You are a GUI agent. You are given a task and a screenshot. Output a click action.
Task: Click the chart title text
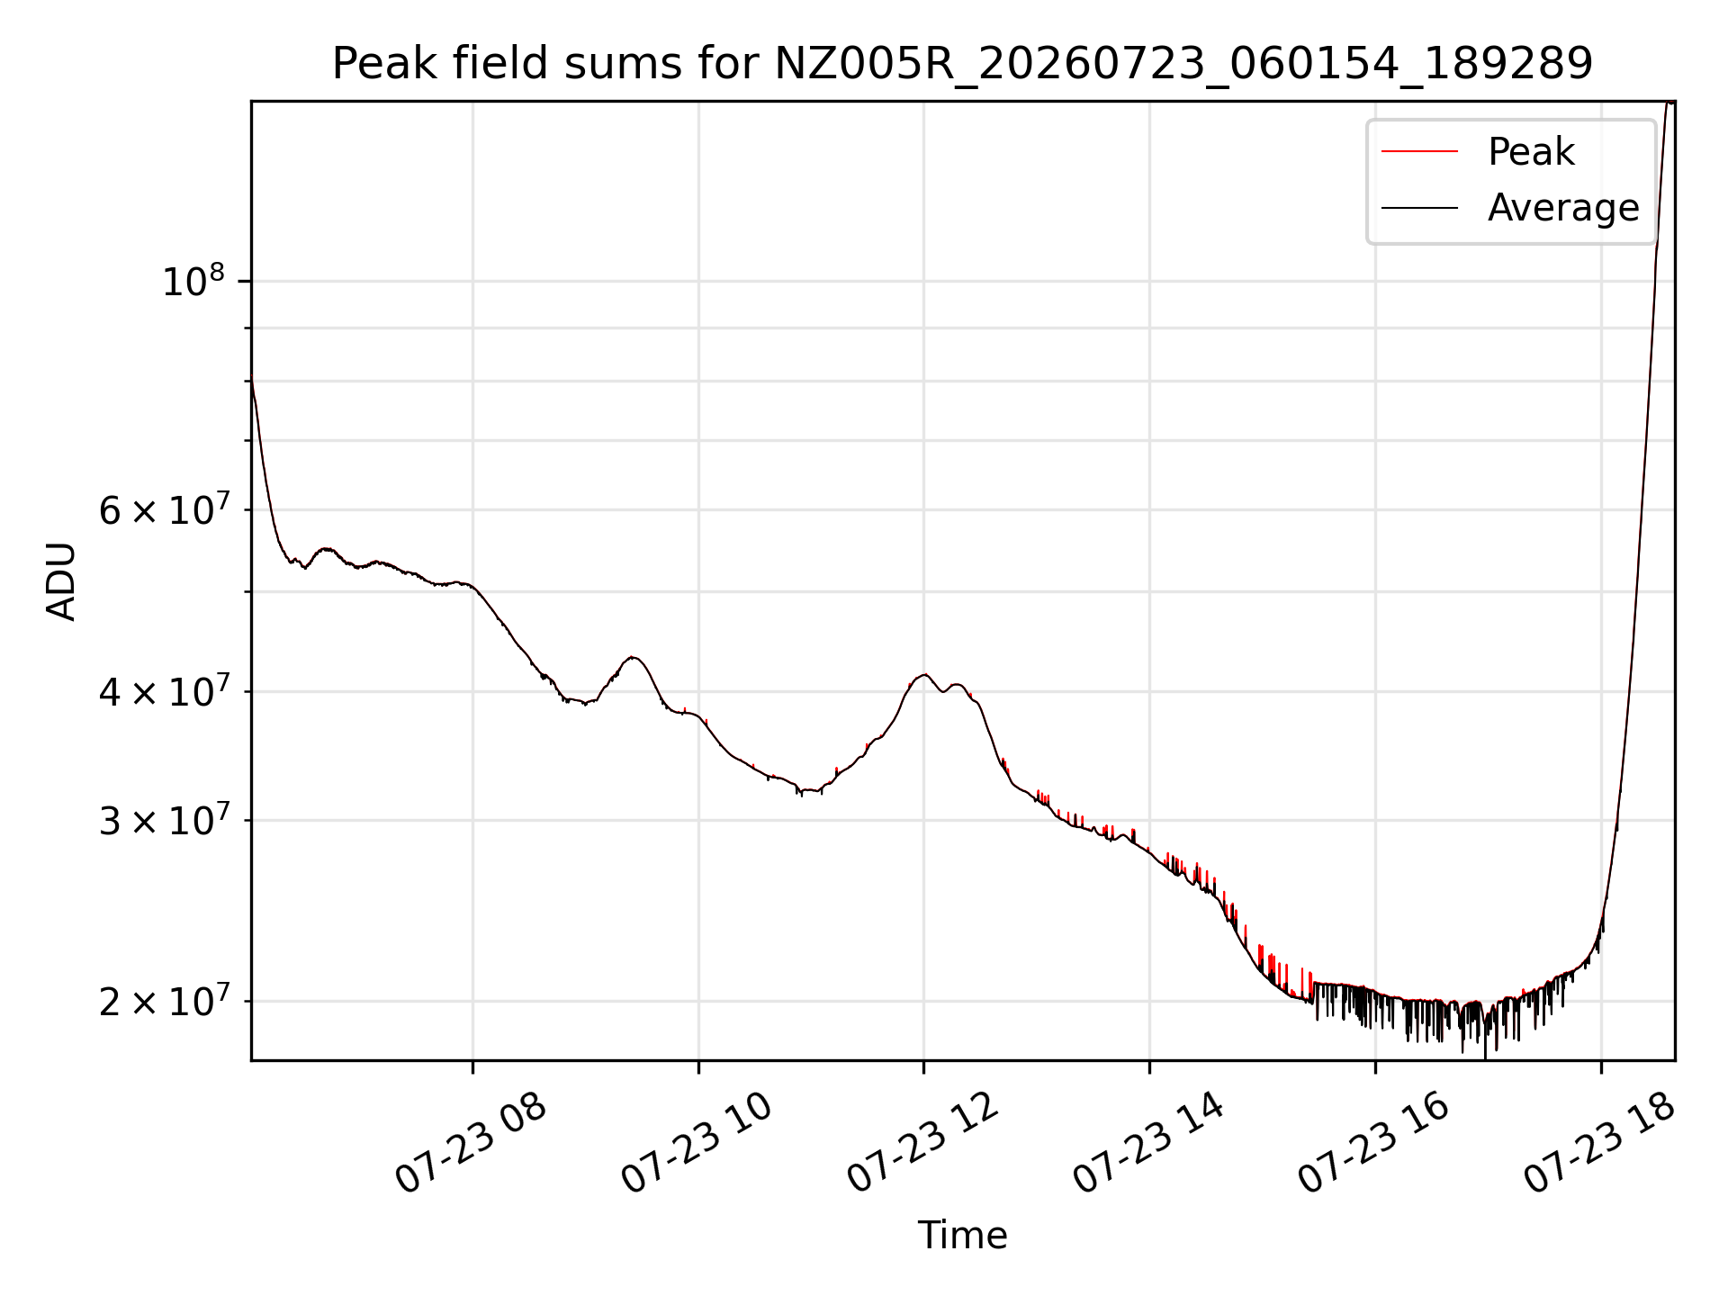coord(962,64)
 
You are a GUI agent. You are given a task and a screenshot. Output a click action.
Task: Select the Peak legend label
coord(1531,151)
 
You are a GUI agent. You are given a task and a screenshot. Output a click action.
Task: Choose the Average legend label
coord(1563,208)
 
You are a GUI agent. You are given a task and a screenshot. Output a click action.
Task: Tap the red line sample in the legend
coord(1419,152)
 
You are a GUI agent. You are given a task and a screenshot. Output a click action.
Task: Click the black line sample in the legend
coord(1419,208)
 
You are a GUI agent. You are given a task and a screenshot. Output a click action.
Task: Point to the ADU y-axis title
coord(61,581)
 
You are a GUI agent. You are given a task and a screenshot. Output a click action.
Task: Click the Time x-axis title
coord(962,1235)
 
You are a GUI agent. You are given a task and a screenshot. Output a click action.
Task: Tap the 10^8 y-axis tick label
coord(193,281)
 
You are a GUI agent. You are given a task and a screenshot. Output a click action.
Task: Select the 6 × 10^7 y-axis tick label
coord(163,509)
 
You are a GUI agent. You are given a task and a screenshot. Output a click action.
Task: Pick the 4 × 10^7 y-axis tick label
coord(163,691)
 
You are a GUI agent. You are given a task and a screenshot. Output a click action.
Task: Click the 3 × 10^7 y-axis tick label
coord(163,820)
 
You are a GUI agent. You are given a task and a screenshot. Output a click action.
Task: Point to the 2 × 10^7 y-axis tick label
coord(163,1001)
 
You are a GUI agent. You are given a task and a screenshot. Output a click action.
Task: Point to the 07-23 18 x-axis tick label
coord(1600,1143)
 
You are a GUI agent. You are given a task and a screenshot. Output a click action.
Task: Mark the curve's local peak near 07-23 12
coord(924,674)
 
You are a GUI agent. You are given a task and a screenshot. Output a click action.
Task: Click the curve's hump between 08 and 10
coord(634,657)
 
